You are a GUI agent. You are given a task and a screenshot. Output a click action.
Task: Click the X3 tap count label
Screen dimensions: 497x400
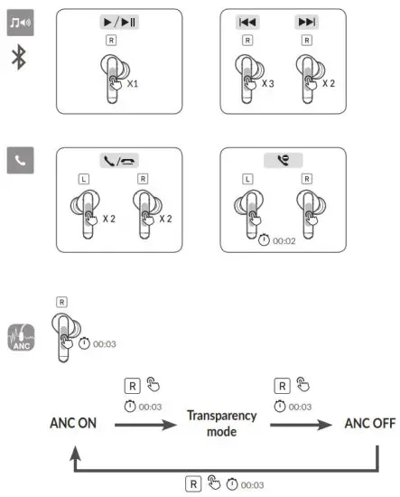click(268, 83)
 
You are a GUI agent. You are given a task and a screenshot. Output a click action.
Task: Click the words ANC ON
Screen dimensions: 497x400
click(73, 422)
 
